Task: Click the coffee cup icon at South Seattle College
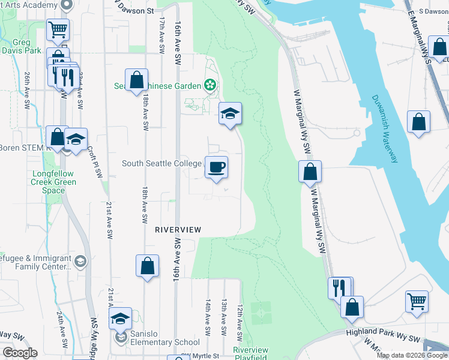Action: click(216, 166)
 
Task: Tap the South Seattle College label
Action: click(161, 163)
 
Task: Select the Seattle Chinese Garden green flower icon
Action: click(210, 85)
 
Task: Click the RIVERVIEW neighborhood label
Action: click(177, 230)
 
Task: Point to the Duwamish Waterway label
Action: click(384, 129)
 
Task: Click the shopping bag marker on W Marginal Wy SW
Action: click(310, 172)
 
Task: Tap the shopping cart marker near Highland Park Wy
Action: click(417, 302)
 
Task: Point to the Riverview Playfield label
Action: click(250, 353)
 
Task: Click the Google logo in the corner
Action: click(19, 352)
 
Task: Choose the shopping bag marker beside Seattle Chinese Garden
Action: click(136, 80)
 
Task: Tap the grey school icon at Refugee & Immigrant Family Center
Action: click(80, 262)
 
